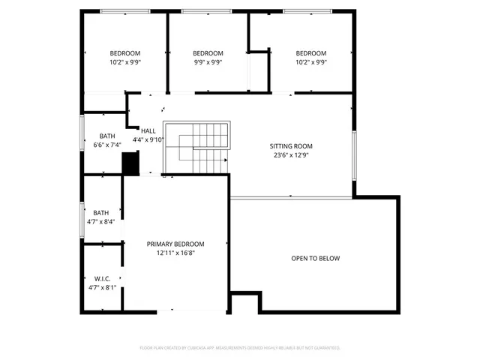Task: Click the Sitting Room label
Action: (291, 146)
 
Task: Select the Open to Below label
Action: (315, 259)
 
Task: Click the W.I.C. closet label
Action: (103, 278)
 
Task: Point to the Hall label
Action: (148, 131)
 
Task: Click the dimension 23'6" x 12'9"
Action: (291, 156)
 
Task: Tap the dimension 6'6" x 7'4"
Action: (106, 145)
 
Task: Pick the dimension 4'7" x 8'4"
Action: (100, 222)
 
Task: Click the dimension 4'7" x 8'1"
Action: (103, 287)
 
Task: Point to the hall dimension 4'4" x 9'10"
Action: (148, 140)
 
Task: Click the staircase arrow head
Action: (225, 159)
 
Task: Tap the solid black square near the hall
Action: (131, 163)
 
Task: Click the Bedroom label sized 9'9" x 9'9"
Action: (208, 53)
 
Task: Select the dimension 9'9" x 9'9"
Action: (208, 63)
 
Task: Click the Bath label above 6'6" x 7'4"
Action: (106, 136)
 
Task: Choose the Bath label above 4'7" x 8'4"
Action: (100, 212)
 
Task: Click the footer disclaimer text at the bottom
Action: (240, 348)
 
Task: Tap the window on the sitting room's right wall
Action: (354, 154)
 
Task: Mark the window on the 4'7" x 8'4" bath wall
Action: (82, 219)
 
